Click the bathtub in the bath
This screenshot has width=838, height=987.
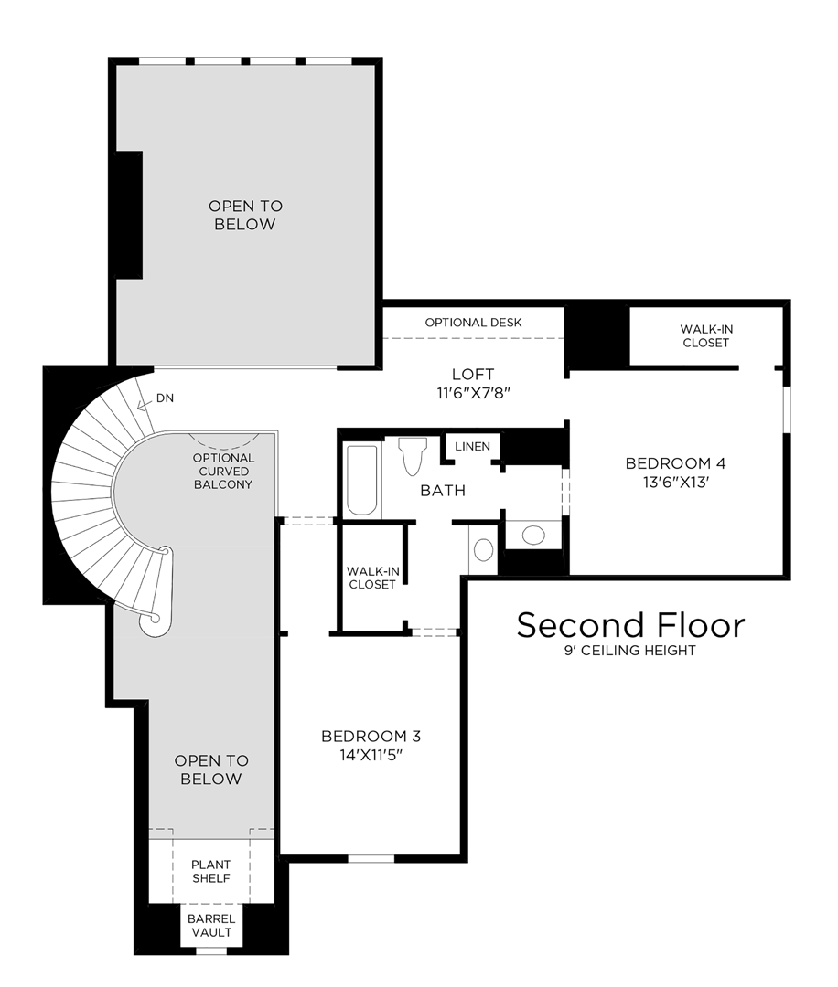[362, 480]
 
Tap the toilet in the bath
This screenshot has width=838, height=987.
[413, 456]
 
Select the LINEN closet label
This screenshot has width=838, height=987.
[473, 446]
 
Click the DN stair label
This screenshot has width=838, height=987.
[165, 398]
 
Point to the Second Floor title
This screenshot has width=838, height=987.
[630, 625]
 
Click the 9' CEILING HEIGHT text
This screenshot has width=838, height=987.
[630, 651]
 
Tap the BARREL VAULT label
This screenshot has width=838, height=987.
[211, 926]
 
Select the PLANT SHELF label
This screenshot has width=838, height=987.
[211, 871]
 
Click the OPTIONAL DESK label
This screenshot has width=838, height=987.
[473, 323]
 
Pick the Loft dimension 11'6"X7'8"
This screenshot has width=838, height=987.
[473, 393]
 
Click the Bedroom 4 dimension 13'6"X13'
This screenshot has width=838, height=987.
[675, 483]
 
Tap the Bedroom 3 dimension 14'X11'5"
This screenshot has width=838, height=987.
[371, 755]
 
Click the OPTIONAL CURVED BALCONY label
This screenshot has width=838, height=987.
[223, 471]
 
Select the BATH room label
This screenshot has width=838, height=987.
[443, 491]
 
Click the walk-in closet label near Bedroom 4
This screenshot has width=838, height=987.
[706, 335]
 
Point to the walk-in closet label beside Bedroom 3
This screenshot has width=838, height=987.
[372, 578]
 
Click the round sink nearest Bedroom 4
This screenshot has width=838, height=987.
[533, 535]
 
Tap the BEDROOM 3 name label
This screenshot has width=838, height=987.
[371, 736]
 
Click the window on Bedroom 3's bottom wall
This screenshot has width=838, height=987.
[371, 858]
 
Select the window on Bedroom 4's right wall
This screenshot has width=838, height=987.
[787, 409]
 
